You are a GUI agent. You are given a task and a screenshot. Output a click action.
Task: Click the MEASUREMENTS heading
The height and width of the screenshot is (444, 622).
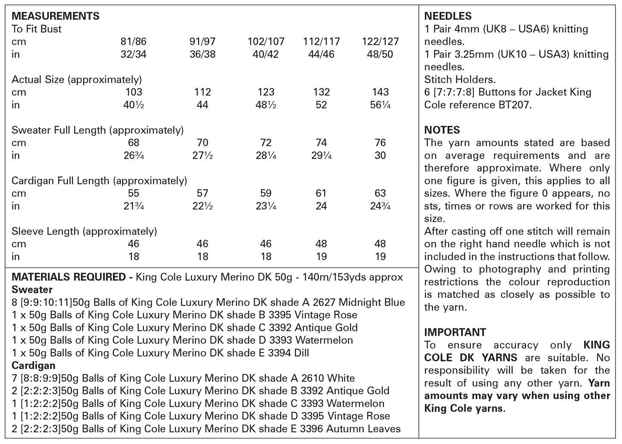(x=56, y=16)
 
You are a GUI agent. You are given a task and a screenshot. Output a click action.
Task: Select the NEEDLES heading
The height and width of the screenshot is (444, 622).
(x=448, y=16)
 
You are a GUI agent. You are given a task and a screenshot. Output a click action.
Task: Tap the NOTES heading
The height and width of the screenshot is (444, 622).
(x=442, y=130)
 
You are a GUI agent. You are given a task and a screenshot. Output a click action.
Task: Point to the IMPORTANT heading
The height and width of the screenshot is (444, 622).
(x=455, y=332)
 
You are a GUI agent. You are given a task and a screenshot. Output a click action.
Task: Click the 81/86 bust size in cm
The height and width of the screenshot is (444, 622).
(x=133, y=42)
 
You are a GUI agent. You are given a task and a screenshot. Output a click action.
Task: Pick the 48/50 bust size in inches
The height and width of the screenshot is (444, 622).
(x=380, y=54)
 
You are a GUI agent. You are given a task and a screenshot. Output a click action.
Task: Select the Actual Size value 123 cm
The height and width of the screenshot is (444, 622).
(x=266, y=92)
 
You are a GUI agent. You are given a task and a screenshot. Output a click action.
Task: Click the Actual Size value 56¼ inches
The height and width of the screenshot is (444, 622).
(x=380, y=105)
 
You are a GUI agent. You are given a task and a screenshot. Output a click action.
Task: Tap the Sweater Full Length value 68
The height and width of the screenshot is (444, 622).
(x=133, y=143)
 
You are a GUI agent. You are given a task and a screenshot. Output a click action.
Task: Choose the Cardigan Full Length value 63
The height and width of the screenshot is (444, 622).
(x=380, y=193)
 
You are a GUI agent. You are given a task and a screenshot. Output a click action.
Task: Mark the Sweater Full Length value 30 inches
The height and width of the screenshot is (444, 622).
(x=380, y=155)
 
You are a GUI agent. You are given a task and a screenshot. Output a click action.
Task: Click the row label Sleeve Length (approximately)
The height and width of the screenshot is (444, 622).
(x=84, y=231)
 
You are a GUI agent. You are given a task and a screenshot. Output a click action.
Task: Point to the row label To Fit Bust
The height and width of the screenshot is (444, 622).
(x=37, y=29)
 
